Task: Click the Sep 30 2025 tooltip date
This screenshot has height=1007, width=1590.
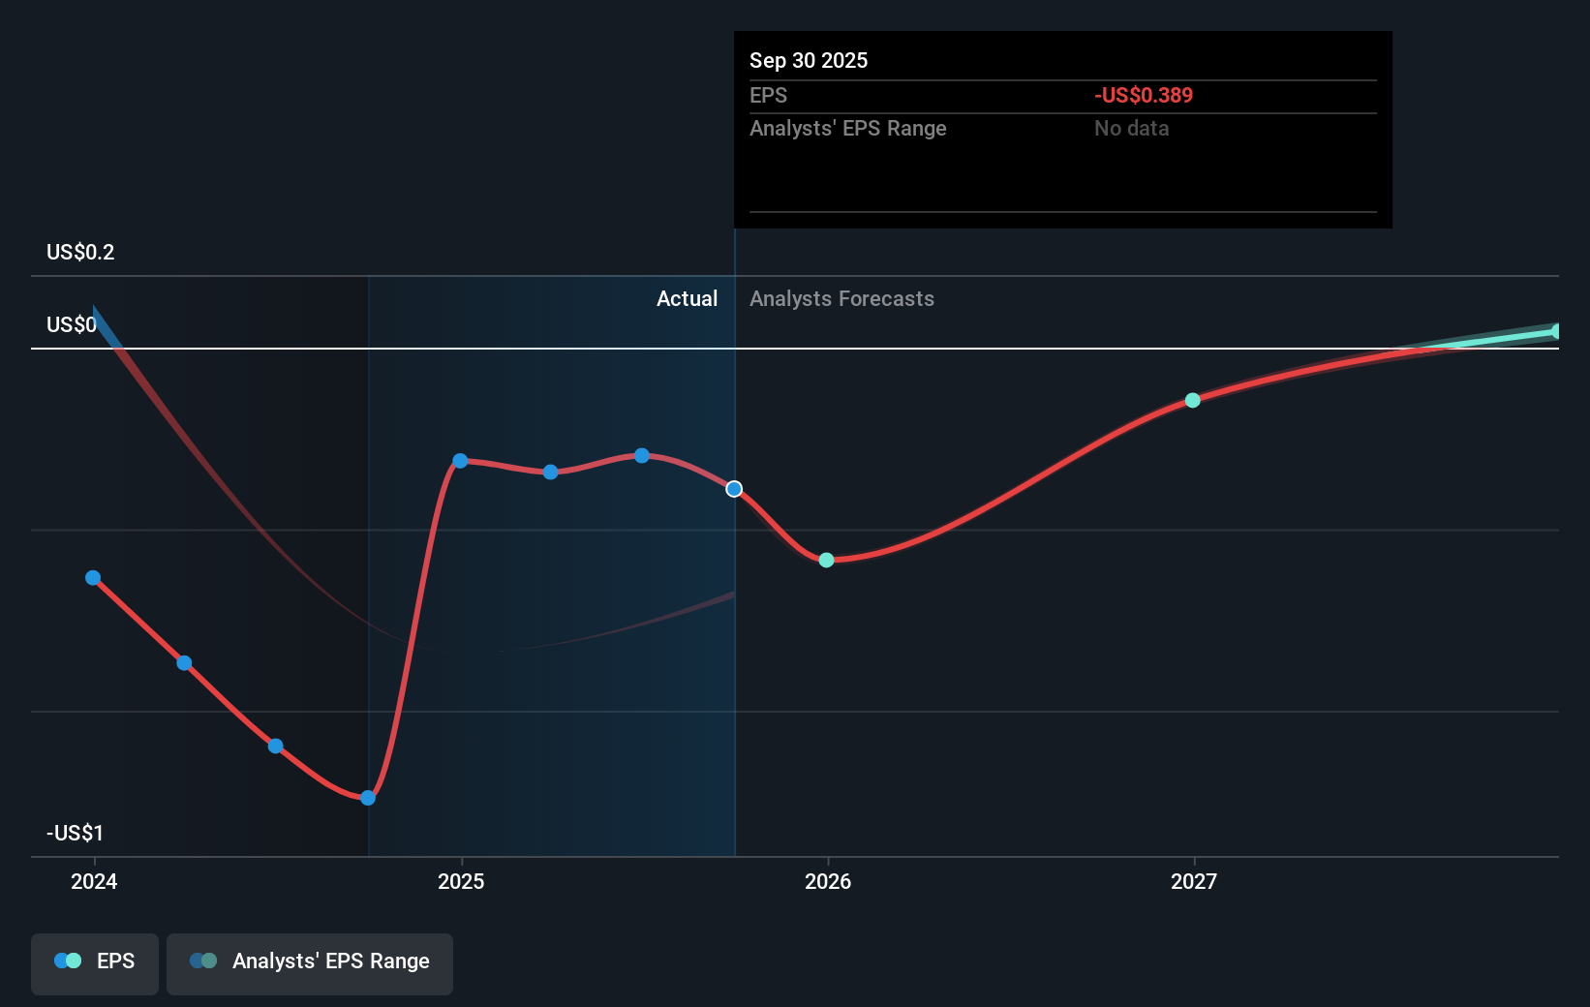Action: pyautogui.click(x=809, y=60)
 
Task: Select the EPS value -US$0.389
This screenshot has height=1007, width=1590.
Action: pyautogui.click(x=1143, y=95)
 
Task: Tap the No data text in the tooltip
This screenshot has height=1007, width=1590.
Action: pyautogui.click(x=1131, y=128)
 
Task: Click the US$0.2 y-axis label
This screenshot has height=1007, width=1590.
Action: pyautogui.click(x=80, y=252)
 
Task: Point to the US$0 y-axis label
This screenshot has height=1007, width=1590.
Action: pyautogui.click(x=71, y=324)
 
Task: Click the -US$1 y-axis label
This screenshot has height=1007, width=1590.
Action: pyautogui.click(x=75, y=833)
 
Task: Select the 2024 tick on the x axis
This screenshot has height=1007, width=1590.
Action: pyautogui.click(x=94, y=881)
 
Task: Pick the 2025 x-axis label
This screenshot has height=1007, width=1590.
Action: pyautogui.click(x=461, y=881)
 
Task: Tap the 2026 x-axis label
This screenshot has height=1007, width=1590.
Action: pyautogui.click(x=828, y=881)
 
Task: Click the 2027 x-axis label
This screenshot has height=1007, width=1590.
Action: pyautogui.click(x=1193, y=881)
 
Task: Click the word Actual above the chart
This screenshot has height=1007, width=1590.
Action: pyautogui.click(x=687, y=298)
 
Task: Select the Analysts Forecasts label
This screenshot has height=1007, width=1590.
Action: pyautogui.click(x=841, y=298)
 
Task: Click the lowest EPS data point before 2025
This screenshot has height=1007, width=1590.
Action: pyautogui.click(x=368, y=798)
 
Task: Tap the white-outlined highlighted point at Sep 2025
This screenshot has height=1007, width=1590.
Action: pyautogui.click(x=734, y=489)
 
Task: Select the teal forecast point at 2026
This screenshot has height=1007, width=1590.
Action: pyautogui.click(x=826, y=560)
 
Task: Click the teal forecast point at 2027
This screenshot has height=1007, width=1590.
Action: pyautogui.click(x=1193, y=400)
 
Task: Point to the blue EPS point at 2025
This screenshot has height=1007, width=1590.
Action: pyautogui.click(x=460, y=461)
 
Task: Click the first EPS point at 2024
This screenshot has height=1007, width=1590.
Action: pyautogui.click(x=93, y=578)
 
